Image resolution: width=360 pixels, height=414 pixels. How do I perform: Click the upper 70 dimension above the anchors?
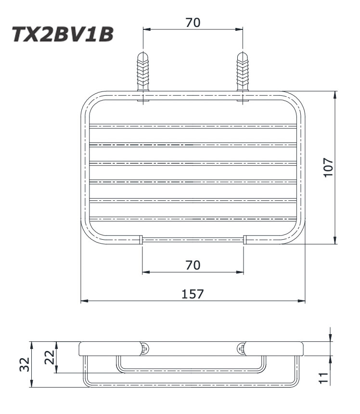pyautogui.click(x=193, y=22)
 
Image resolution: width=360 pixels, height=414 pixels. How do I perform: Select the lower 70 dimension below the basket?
pyautogui.click(x=193, y=265)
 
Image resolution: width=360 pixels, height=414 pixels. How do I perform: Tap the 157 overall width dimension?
pyautogui.click(x=193, y=294)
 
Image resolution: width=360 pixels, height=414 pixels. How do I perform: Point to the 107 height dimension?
pyautogui.click(x=329, y=167)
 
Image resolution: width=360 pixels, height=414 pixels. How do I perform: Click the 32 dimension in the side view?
pyautogui.click(x=25, y=364)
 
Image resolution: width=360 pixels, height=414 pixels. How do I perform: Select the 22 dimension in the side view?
pyautogui.click(x=49, y=357)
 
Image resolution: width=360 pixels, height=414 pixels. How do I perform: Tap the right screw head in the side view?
pyautogui.click(x=241, y=349)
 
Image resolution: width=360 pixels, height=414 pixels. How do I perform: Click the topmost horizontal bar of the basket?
pyautogui.click(x=193, y=127)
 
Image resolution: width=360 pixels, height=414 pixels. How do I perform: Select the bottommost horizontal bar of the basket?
pyautogui.click(x=193, y=219)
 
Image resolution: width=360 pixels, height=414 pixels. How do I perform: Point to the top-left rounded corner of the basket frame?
pyautogui.click(x=89, y=100)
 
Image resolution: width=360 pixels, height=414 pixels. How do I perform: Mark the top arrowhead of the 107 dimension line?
pyautogui.click(x=334, y=94)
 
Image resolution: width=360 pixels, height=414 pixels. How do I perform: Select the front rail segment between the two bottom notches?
pyautogui.click(x=193, y=239)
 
